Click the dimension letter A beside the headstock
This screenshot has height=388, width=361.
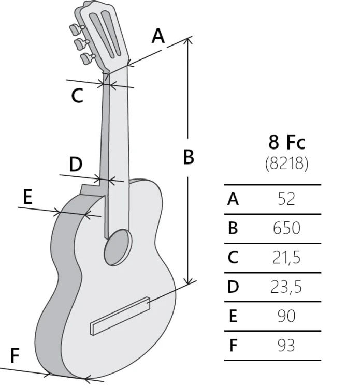tap(158, 36)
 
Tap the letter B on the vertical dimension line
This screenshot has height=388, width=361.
tap(189, 157)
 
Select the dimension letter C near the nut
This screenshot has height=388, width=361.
tap(77, 96)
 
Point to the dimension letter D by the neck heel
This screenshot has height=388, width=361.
tap(76, 164)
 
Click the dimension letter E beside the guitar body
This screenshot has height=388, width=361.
tap(27, 197)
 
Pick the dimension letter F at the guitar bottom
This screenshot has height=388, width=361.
tap(15, 355)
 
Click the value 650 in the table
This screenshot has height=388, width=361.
tap(286, 228)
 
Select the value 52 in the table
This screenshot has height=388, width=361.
tap(286, 199)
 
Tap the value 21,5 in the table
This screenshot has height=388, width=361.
tap(286, 258)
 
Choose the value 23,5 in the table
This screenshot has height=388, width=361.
tap(286, 287)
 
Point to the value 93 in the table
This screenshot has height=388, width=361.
tap(286, 346)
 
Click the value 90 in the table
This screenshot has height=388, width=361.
tap(286, 316)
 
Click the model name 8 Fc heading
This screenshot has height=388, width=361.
tap(287, 142)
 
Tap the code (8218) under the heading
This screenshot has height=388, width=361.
tap(286, 163)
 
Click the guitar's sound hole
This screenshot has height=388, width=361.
tap(118, 247)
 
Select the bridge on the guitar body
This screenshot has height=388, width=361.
tap(120, 316)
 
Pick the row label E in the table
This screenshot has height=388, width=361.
tap(233, 316)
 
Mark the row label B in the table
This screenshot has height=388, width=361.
tap(233, 228)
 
